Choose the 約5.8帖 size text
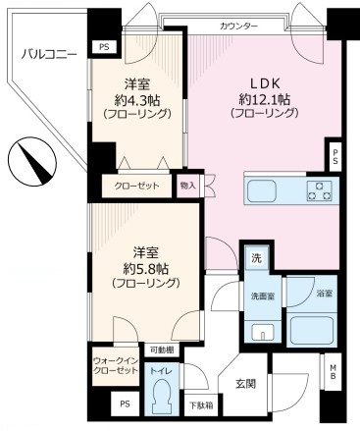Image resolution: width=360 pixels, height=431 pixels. [x=144, y=267]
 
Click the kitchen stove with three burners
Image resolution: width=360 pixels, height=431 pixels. [x=320, y=190]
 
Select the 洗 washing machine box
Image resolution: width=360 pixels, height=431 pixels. [x=255, y=258]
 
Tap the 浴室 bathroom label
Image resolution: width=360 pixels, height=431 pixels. [x=323, y=293]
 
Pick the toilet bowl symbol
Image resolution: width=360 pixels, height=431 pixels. [x=159, y=398]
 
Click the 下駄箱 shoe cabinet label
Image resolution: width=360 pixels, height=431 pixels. [x=200, y=404]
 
